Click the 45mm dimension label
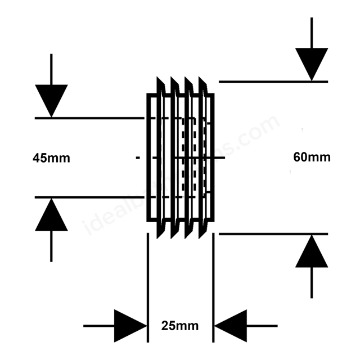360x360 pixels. [51, 158]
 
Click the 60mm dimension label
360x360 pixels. [312, 157]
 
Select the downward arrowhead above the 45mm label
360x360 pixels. [51, 100]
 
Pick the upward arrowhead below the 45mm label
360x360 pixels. [51, 215]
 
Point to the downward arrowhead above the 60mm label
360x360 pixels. [312, 64]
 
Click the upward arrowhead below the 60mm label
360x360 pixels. [312, 251]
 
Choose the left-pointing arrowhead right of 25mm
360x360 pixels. [231, 326]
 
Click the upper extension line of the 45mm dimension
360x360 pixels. [90, 118]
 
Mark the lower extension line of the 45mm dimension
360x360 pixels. [90, 197]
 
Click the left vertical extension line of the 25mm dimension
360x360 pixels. [147, 287]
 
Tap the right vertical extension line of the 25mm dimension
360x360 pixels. [213, 287]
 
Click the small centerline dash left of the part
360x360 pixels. [138, 158]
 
